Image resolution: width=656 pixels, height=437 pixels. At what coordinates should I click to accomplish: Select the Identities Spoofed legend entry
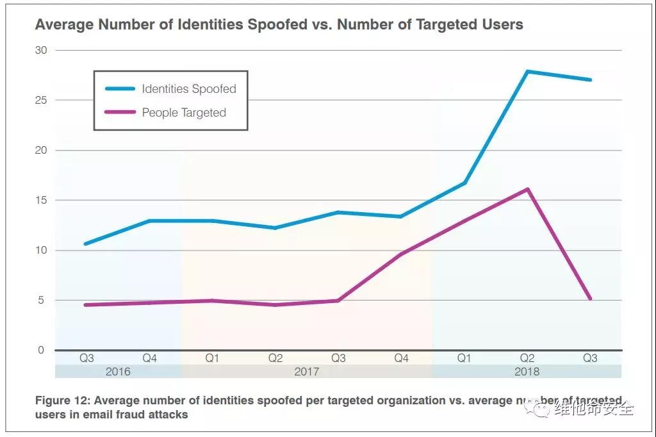click(x=189, y=89)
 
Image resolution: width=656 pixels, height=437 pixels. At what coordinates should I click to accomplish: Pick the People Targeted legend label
click(x=184, y=113)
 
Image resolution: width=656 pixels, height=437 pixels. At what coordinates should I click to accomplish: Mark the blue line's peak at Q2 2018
click(x=527, y=71)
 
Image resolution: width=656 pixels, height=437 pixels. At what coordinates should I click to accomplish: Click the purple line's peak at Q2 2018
click(x=527, y=189)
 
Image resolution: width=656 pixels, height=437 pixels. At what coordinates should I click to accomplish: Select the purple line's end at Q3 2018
click(x=589, y=299)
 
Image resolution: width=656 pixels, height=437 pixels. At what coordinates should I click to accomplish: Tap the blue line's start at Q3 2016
click(x=86, y=243)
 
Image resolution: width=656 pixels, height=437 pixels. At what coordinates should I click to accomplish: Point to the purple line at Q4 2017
click(x=401, y=254)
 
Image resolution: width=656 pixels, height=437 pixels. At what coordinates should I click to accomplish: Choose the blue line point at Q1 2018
click(x=464, y=183)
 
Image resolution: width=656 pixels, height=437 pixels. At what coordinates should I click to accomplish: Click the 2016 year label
click(x=118, y=372)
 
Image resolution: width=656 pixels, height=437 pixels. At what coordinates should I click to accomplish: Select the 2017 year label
click(x=307, y=372)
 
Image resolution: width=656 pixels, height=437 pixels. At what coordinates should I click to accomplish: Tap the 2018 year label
click(x=527, y=372)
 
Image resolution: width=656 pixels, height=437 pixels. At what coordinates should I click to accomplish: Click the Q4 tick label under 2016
click(x=149, y=358)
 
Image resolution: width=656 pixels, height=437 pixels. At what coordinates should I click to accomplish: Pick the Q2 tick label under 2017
click(x=275, y=358)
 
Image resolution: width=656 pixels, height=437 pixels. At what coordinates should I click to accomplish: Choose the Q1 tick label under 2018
click(x=464, y=358)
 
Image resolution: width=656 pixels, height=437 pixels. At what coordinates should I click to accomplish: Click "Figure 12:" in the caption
click(x=62, y=400)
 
